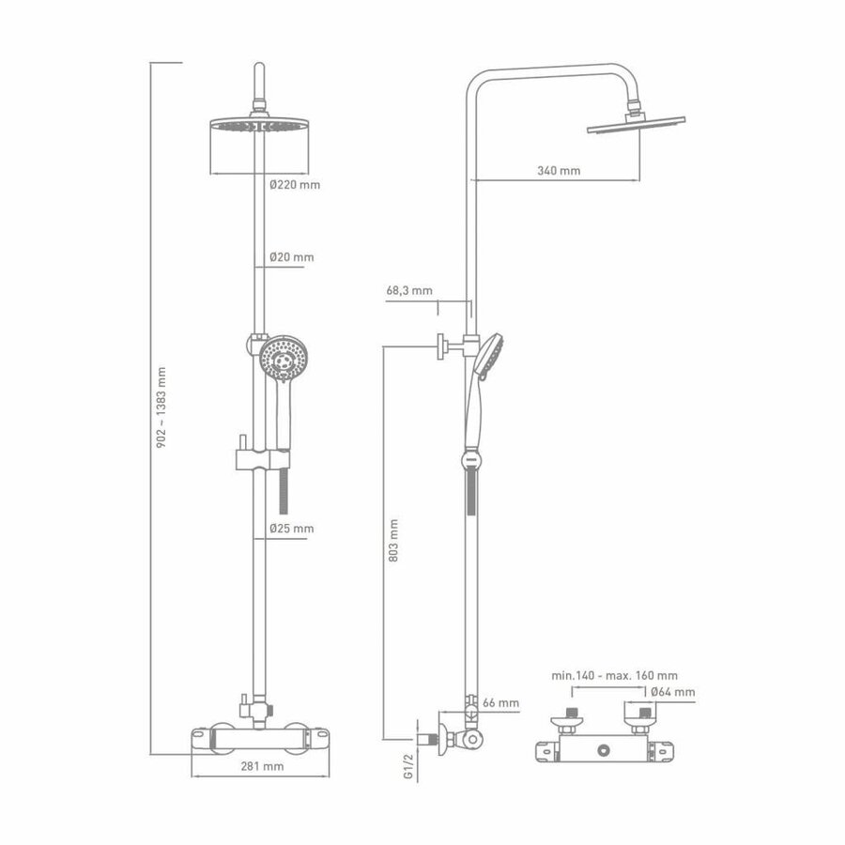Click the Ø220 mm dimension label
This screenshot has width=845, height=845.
[294, 185]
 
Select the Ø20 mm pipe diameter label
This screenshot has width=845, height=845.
[291, 256]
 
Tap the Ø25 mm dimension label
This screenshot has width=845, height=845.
[291, 529]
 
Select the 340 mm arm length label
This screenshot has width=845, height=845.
[559, 170]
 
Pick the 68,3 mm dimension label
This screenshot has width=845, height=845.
[408, 290]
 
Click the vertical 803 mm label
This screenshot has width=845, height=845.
[393, 540]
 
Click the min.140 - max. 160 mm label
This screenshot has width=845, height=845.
[616, 674]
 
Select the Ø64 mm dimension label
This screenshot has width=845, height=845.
[673, 692]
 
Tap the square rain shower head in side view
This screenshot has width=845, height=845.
[636, 125]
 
